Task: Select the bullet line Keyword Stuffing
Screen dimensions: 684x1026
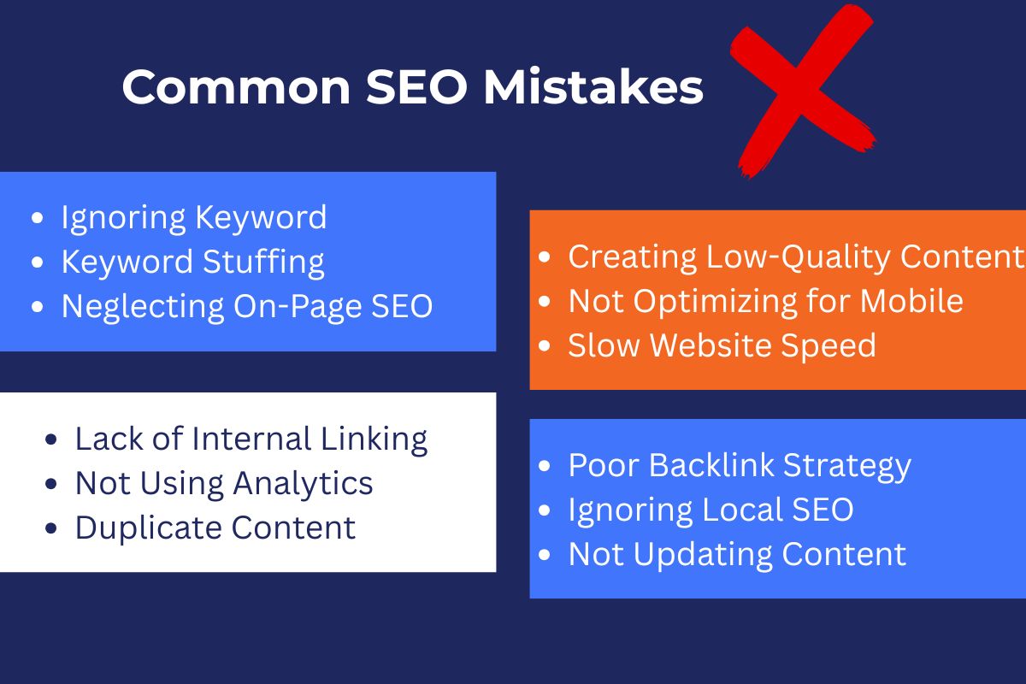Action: [192, 262]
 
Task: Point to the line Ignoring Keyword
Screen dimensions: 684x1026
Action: [193, 217]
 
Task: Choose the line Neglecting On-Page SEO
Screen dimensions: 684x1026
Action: [247, 307]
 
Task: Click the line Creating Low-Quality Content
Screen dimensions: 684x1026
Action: [795, 256]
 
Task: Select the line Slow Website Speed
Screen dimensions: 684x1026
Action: [722, 345]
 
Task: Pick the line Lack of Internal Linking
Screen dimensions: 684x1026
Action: [251, 439]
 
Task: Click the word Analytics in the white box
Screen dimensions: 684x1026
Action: [304, 483]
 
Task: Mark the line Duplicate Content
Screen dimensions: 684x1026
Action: [215, 528]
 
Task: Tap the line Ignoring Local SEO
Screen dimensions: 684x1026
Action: [711, 510]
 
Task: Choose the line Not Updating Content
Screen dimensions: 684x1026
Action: [736, 554]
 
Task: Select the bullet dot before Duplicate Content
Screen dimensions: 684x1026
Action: [52, 528]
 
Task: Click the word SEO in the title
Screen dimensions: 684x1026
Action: [415, 87]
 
